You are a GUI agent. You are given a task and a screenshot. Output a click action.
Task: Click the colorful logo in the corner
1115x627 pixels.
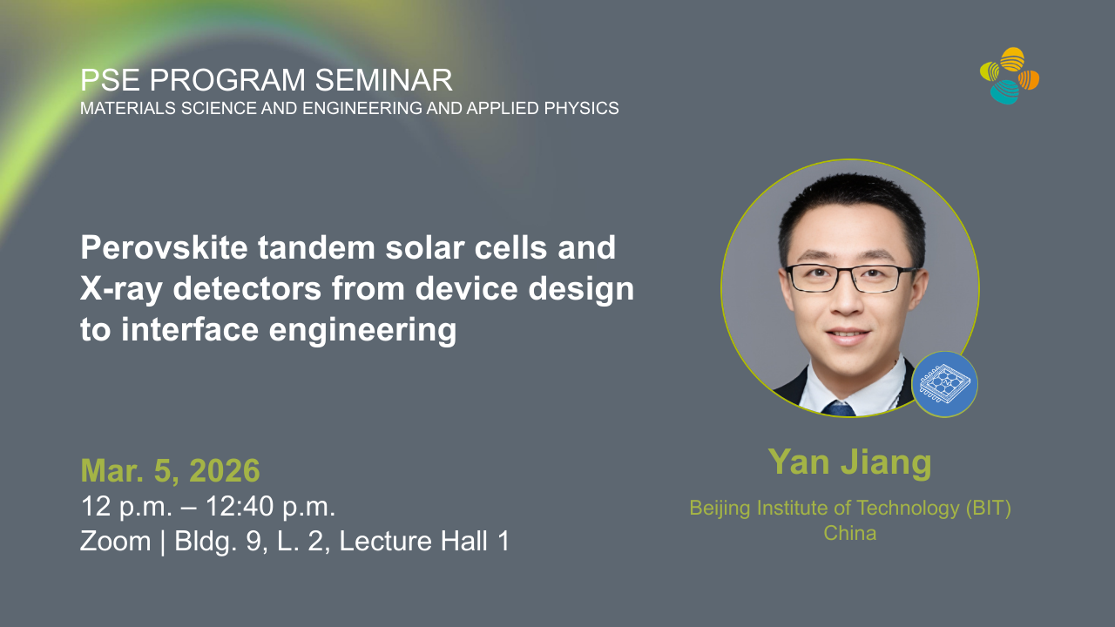(1010, 76)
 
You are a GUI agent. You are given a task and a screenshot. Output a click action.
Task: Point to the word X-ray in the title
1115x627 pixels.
(121, 289)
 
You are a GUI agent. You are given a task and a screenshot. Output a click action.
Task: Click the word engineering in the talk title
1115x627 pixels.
(362, 331)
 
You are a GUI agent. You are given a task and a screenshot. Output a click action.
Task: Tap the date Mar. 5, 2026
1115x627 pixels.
(170, 470)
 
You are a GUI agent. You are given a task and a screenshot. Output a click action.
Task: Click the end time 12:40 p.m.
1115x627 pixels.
(271, 507)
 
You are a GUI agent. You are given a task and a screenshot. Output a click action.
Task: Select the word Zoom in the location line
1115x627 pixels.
(116, 541)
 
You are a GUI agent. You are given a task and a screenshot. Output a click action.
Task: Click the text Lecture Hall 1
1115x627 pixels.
(424, 541)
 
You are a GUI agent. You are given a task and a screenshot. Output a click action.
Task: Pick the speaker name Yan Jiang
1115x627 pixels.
(849, 462)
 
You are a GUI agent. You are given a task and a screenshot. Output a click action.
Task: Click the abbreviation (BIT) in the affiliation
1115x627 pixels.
(989, 508)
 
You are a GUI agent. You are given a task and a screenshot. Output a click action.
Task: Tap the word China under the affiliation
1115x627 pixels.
(849, 533)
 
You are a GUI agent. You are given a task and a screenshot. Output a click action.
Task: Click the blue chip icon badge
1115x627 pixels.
(944, 384)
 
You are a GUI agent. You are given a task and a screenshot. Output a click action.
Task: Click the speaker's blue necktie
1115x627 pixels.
(839, 408)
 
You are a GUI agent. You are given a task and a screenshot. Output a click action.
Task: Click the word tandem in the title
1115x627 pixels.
(317, 247)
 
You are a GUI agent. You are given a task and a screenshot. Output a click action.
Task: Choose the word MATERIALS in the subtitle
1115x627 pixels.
(128, 108)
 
